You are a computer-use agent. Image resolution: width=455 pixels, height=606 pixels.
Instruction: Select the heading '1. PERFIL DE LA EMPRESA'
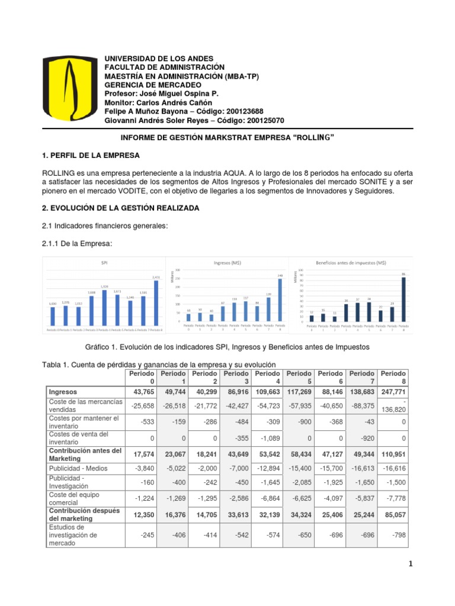tap(95, 156)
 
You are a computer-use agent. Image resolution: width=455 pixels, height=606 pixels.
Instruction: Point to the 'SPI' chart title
tap(104, 262)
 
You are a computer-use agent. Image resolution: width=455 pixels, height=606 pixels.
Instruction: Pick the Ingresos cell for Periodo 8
tap(393, 392)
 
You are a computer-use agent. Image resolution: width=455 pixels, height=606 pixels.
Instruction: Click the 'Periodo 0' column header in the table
tap(142, 378)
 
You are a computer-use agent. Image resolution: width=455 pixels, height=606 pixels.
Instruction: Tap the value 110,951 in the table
tap(393, 454)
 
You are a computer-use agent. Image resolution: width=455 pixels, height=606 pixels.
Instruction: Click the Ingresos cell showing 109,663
tap(267, 392)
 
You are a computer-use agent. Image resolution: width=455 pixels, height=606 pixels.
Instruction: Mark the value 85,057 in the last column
tap(393, 515)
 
